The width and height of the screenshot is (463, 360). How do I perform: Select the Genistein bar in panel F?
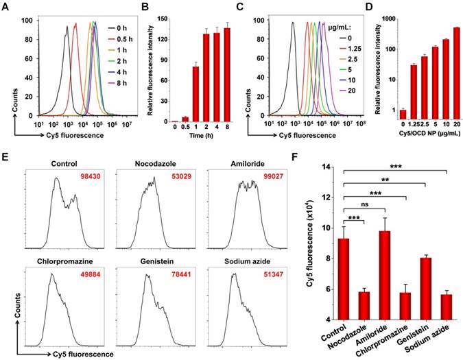[x=425, y=288]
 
